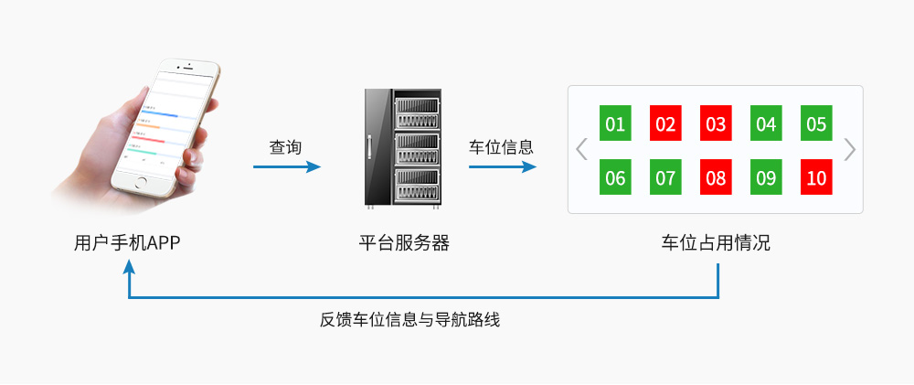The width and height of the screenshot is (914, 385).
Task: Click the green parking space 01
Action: coord(615,123)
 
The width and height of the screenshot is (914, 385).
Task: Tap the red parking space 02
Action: coord(665,123)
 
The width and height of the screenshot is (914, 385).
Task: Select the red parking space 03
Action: coord(716,123)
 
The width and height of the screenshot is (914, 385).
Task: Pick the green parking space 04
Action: coord(766,123)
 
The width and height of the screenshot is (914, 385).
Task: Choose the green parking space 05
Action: coord(816,123)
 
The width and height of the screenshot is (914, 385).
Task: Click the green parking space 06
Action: coord(615,176)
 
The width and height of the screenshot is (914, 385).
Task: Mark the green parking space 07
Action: coord(665,176)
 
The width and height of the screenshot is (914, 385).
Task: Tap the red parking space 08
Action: coord(716,176)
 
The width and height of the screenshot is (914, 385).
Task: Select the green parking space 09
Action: coord(766,176)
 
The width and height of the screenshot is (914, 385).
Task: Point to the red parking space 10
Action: coord(816,176)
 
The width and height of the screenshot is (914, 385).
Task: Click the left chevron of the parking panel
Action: coord(581,149)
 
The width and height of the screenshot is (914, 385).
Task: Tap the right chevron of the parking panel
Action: coord(850,149)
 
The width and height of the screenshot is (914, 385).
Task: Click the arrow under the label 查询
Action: coord(287,166)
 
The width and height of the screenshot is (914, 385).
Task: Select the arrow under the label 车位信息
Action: coord(502,166)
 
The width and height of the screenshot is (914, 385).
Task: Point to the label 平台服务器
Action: coord(404,243)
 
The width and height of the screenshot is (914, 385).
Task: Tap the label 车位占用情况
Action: coord(716,243)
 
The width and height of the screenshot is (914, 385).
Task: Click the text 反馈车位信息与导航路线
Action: coord(410,320)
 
